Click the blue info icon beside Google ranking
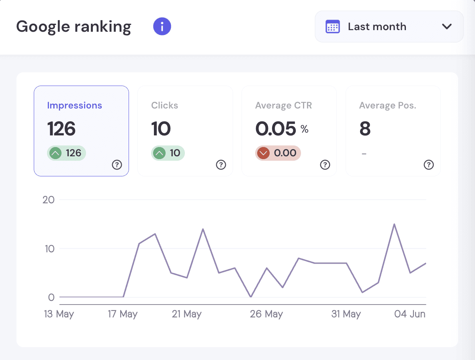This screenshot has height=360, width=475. [162, 27]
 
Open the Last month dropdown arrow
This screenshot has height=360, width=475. [447, 27]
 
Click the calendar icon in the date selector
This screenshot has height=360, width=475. [333, 27]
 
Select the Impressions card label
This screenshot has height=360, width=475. [74, 105]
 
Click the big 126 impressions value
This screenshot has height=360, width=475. [61, 129]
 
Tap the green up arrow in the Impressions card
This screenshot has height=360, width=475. [55, 153]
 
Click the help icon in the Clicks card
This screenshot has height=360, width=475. [221, 165]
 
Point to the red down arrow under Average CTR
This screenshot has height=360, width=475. [263, 153]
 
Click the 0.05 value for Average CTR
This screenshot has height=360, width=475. [276, 129]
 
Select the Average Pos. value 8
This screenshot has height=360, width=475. [365, 129]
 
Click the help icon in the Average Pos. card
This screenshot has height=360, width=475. [429, 165]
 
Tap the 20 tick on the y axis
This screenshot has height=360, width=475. [49, 200]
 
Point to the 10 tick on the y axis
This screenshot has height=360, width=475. [50, 249]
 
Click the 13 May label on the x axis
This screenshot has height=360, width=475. [59, 314]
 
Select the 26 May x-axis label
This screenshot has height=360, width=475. [266, 314]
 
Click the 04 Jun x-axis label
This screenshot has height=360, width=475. [409, 314]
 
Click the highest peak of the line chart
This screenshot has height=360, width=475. [394, 224]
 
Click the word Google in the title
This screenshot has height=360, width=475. [43, 27]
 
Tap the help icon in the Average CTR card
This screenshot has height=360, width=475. [325, 165]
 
